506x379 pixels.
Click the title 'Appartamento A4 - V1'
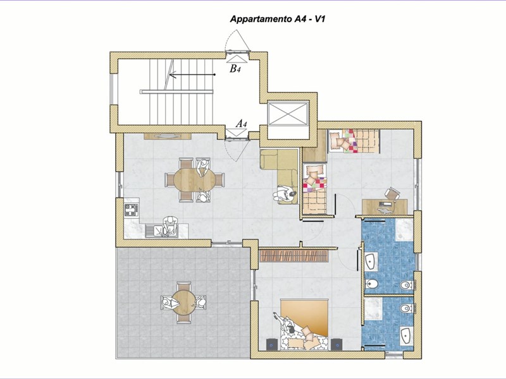click(277, 20)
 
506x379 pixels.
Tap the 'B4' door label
click(234, 68)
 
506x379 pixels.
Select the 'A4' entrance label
click(242, 123)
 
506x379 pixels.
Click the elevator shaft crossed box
click(288, 114)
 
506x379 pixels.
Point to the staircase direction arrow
click(192, 75)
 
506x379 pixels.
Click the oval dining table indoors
click(194, 180)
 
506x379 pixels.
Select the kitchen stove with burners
click(132, 210)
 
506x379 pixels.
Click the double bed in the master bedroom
click(304, 325)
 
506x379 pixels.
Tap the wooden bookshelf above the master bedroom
click(294, 256)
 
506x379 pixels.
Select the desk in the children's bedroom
click(385, 207)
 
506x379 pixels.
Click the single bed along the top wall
click(354, 141)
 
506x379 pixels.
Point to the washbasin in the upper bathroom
click(371, 261)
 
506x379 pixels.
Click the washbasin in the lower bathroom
click(405, 335)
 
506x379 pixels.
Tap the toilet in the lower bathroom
click(406, 308)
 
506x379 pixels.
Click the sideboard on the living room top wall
click(168, 136)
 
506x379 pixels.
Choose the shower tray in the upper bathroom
click(404, 229)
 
